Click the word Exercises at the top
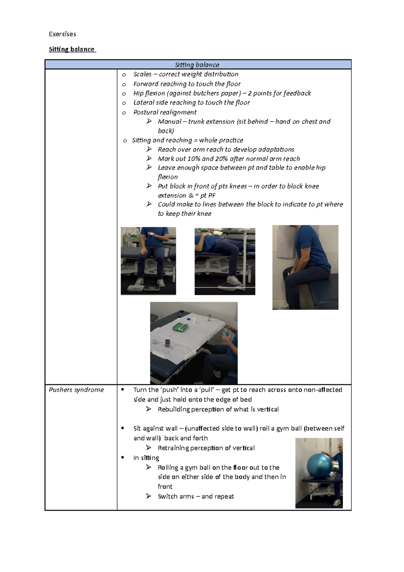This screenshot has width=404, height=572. coord(62,34)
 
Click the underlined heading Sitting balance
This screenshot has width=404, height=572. coord(72,49)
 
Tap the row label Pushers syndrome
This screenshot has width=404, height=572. coord(76,390)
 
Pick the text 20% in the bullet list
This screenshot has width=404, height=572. coord(221,159)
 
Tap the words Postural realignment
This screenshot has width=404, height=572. coord(165,112)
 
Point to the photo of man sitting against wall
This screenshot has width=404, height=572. coord(305,267)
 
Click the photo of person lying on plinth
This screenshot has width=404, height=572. coord(225,261)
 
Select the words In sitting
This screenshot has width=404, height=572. coord(146,458)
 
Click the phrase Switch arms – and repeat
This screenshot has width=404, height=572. coord(196,496)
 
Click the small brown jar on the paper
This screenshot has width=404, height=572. coord(167,343)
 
